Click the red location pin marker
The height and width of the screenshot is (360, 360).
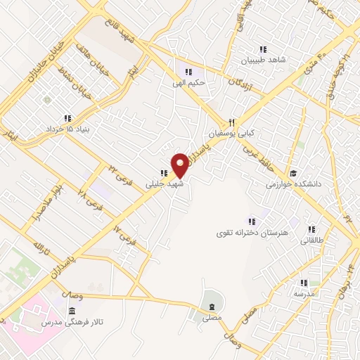coord(180,165)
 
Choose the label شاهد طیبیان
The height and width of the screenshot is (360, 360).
coord(262,60)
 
